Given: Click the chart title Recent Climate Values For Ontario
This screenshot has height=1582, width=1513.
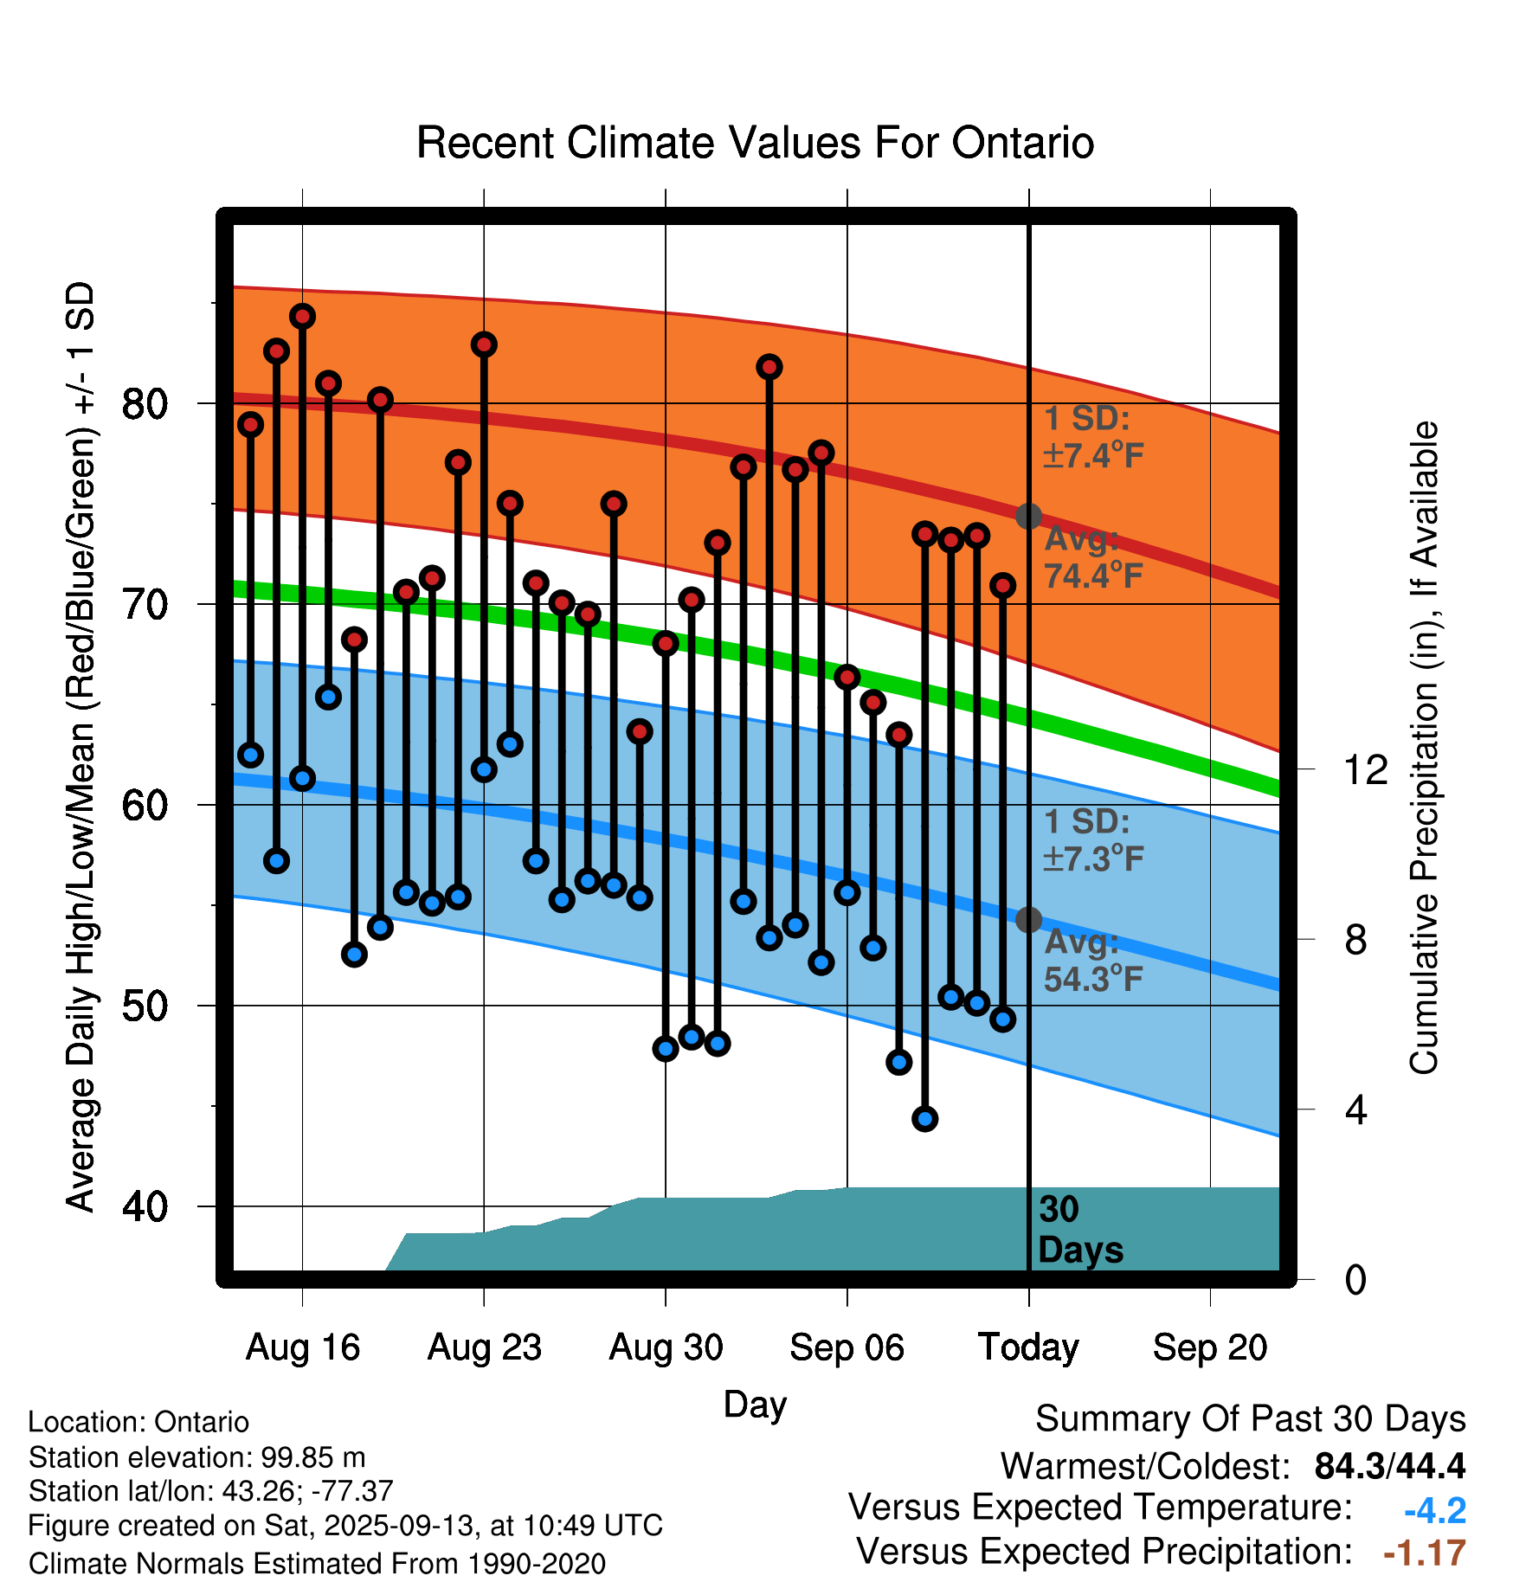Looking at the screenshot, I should (755, 143).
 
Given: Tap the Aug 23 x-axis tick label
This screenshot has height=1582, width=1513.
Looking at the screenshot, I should (484, 1347).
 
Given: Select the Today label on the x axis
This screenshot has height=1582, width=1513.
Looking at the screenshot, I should (1028, 1347).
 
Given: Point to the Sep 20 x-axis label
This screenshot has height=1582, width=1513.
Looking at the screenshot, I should (1209, 1347).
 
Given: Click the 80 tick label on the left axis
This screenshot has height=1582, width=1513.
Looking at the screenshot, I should (145, 403).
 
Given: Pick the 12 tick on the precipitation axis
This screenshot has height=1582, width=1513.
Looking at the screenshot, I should (1365, 769).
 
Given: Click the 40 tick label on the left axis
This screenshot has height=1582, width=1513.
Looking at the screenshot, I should (145, 1206).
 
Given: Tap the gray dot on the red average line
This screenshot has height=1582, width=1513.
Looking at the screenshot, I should (1028, 516).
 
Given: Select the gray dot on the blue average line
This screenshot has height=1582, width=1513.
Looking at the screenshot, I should (1028, 919).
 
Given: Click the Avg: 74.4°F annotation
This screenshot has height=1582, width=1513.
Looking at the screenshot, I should (1093, 556).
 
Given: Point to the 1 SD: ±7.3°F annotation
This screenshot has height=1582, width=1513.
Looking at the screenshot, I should (1093, 840).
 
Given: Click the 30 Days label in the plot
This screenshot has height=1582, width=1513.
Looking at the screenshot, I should (1079, 1230).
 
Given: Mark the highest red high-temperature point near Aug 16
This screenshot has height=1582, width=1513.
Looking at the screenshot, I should (302, 316).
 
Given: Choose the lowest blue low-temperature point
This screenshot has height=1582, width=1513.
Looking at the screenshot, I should (924, 1119).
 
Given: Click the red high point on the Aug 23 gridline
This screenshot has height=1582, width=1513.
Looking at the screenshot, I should (484, 344).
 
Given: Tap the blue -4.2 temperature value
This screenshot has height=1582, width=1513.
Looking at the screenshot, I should (1434, 1511).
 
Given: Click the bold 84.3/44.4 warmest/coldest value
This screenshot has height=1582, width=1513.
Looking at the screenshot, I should (1389, 1466).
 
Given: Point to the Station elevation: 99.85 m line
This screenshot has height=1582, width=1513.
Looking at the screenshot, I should (196, 1457).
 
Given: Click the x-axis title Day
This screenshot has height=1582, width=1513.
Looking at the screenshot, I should (755, 1405).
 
